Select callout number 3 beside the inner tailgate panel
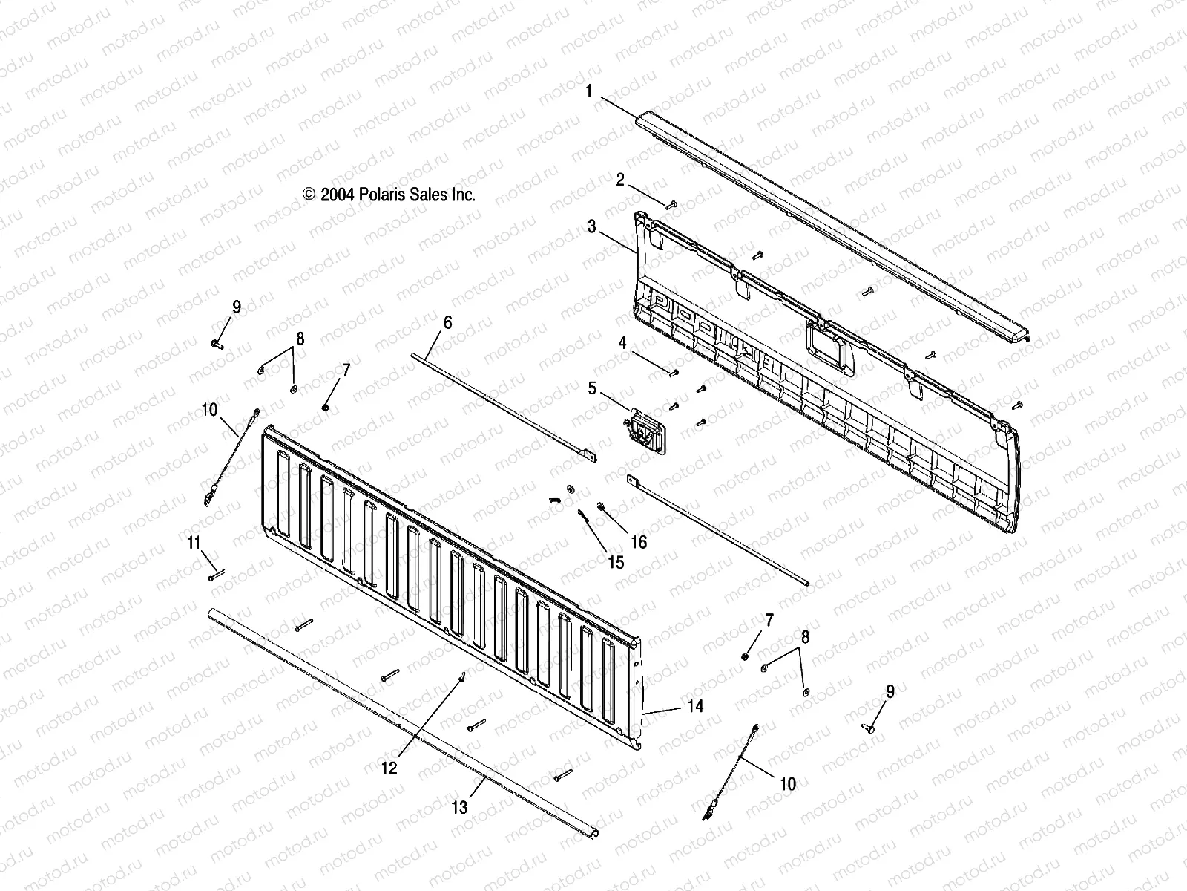[x=591, y=227]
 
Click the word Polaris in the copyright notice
[x=383, y=195]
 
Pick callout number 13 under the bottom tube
[x=459, y=807]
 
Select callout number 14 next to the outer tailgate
[x=695, y=706]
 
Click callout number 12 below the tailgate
[x=389, y=768]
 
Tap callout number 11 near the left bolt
[x=194, y=544]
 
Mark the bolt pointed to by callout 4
[x=674, y=372]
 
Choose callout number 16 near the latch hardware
[x=639, y=543]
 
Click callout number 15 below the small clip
[x=616, y=563]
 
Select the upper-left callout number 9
[x=236, y=307]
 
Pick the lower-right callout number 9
[x=890, y=692]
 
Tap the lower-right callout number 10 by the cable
[x=787, y=784]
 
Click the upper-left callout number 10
[x=209, y=410]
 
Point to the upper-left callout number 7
[x=346, y=369]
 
